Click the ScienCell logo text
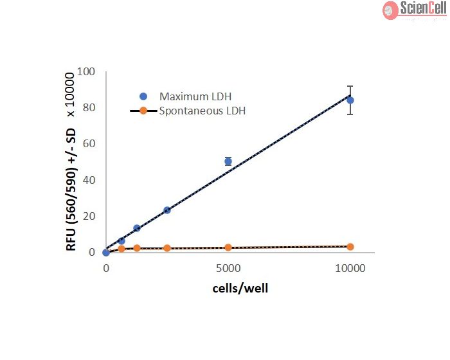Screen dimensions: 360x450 coord(422,8)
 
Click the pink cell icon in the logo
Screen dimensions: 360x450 coord(390,9)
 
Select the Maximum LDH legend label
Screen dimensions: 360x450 coord(192,96)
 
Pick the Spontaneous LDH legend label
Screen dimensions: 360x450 coord(203,111)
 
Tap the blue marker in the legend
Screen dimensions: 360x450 coord(143,96)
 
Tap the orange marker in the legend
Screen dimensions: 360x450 coord(143,111)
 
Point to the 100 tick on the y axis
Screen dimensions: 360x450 coord(85,71)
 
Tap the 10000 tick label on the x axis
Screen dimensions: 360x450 coord(350,267)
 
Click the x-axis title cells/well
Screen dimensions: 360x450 coord(240,288)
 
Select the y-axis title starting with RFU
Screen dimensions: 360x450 coord(71,161)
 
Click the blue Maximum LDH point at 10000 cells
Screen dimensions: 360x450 coord(350,100)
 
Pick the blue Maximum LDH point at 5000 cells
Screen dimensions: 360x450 coord(228,161)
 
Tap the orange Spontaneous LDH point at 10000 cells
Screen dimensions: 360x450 coord(350,247)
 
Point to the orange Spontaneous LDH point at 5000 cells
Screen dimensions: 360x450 coord(228,248)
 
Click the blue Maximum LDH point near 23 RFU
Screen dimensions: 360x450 coord(167,210)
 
